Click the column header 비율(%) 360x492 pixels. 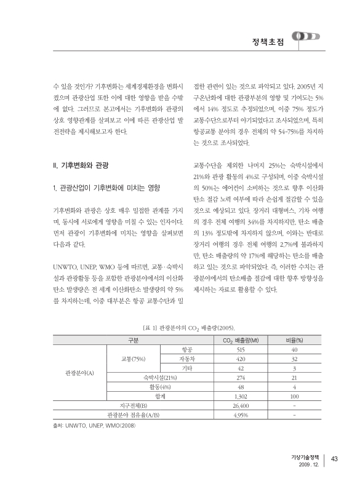coord(295,339)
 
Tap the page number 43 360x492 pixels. coord(335,457)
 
